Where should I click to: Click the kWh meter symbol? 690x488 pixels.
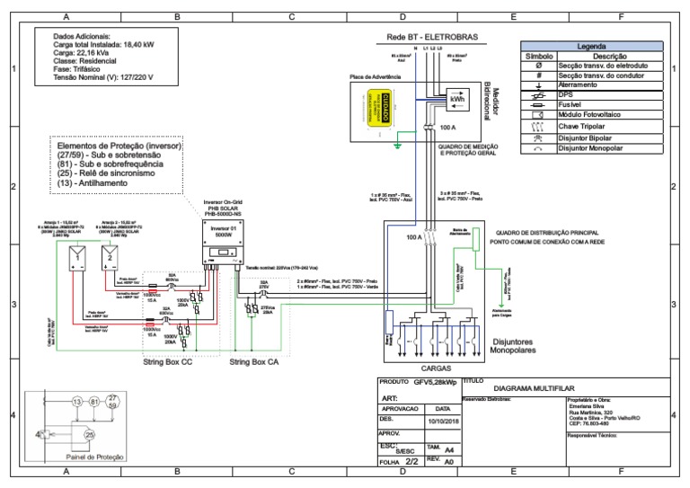(456, 100)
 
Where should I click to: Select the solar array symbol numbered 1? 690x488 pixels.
(78, 258)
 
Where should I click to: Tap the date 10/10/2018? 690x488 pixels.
(443, 419)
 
